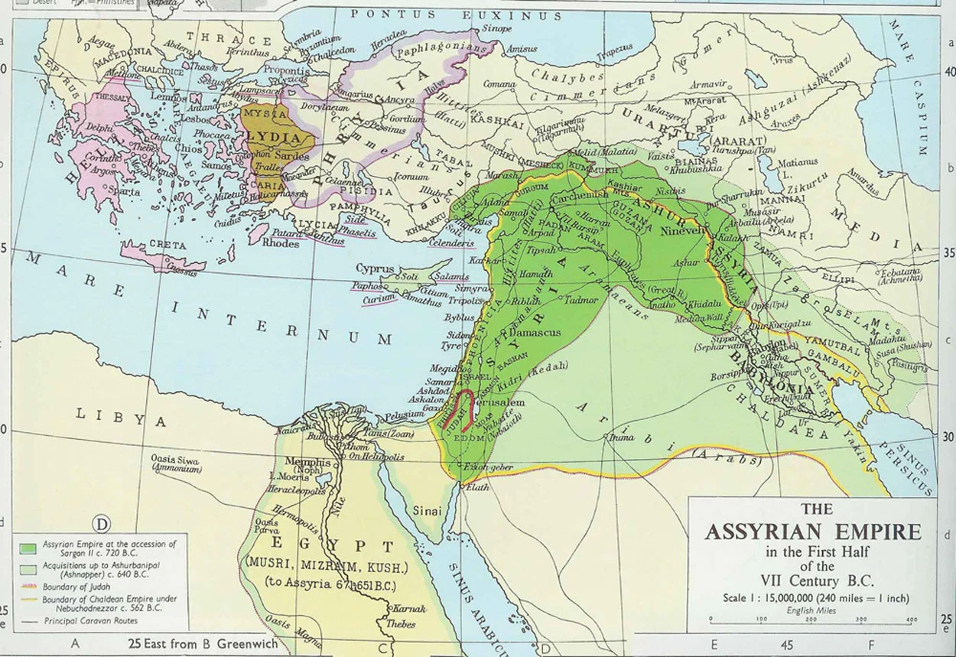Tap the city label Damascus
pos(534,333)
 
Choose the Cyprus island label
pos(375,270)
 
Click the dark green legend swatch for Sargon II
pos(28,548)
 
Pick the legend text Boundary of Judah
pos(76,587)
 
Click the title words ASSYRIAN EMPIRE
pos(812,531)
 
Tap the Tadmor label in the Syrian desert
pos(581,301)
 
